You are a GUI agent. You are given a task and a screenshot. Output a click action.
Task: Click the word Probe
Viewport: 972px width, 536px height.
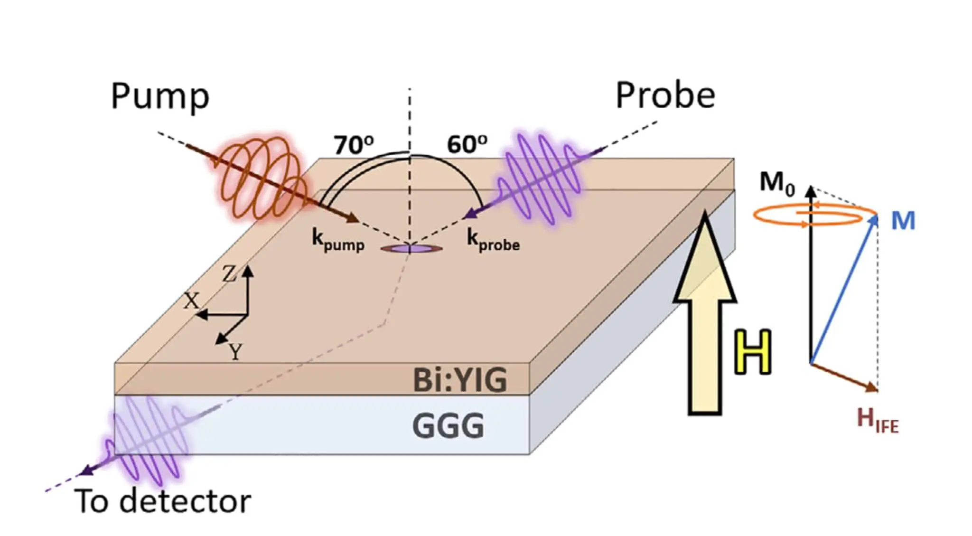pos(665,95)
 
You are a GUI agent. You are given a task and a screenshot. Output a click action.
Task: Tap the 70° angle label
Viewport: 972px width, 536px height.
pos(354,144)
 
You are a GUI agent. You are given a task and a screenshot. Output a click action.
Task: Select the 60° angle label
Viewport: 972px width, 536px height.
pos(467,144)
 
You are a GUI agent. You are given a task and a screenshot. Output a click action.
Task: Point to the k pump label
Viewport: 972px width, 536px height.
pos(338,240)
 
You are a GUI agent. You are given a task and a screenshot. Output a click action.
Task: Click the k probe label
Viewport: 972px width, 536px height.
pos(493,240)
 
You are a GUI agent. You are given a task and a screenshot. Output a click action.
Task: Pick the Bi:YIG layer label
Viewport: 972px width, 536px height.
pos(460,380)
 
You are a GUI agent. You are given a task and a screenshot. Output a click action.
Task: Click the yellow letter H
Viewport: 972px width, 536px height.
pos(752,352)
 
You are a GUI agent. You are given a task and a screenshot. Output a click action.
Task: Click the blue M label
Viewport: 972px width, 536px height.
pos(903,221)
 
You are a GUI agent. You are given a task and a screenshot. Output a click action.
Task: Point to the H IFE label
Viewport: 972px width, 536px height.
pos(878,420)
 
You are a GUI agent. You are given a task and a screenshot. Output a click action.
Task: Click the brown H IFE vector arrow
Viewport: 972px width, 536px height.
pos(844,377)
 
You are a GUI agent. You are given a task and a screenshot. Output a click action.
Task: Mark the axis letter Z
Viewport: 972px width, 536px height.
pos(229,274)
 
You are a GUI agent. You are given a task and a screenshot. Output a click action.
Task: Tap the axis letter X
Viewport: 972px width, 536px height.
pos(191,301)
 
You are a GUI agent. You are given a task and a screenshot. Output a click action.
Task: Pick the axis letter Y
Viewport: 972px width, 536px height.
pos(235,352)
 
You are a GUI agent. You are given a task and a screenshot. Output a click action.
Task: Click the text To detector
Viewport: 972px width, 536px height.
pos(163,501)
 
